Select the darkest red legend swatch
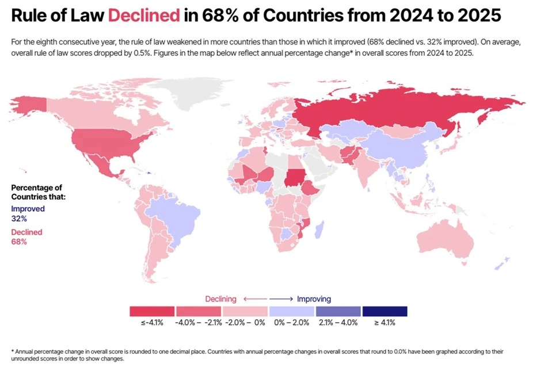point(152,311)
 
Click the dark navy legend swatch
point(385,311)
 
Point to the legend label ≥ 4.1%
point(385,323)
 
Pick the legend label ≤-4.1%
point(152,323)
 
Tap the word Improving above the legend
point(314,299)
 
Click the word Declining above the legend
point(221,299)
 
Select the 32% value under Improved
point(19,219)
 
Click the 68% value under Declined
point(19,242)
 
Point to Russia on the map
point(391,112)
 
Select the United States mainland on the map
point(115,141)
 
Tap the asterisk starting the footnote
point(12,351)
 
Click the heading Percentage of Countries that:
point(38,192)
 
